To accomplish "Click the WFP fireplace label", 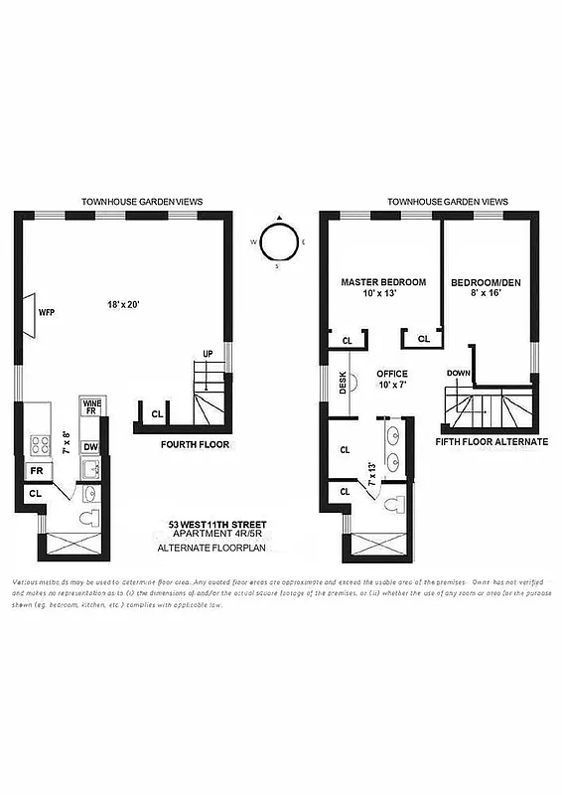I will [x=46, y=311].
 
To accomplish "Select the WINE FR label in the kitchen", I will [x=89, y=406].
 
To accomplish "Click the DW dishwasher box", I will [x=89, y=447].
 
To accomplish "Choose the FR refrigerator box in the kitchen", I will [x=37, y=471].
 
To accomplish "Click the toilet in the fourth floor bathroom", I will [x=86, y=518].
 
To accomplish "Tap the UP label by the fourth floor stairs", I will [x=207, y=353].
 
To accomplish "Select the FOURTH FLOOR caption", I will [x=195, y=445].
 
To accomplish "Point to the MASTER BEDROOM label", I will [x=383, y=282].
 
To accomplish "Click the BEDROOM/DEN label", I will [x=486, y=282].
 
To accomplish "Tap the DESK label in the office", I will [x=343, y=382].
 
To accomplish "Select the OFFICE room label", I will [x=392, y=375].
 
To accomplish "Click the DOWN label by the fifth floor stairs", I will [x=458, y=374].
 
